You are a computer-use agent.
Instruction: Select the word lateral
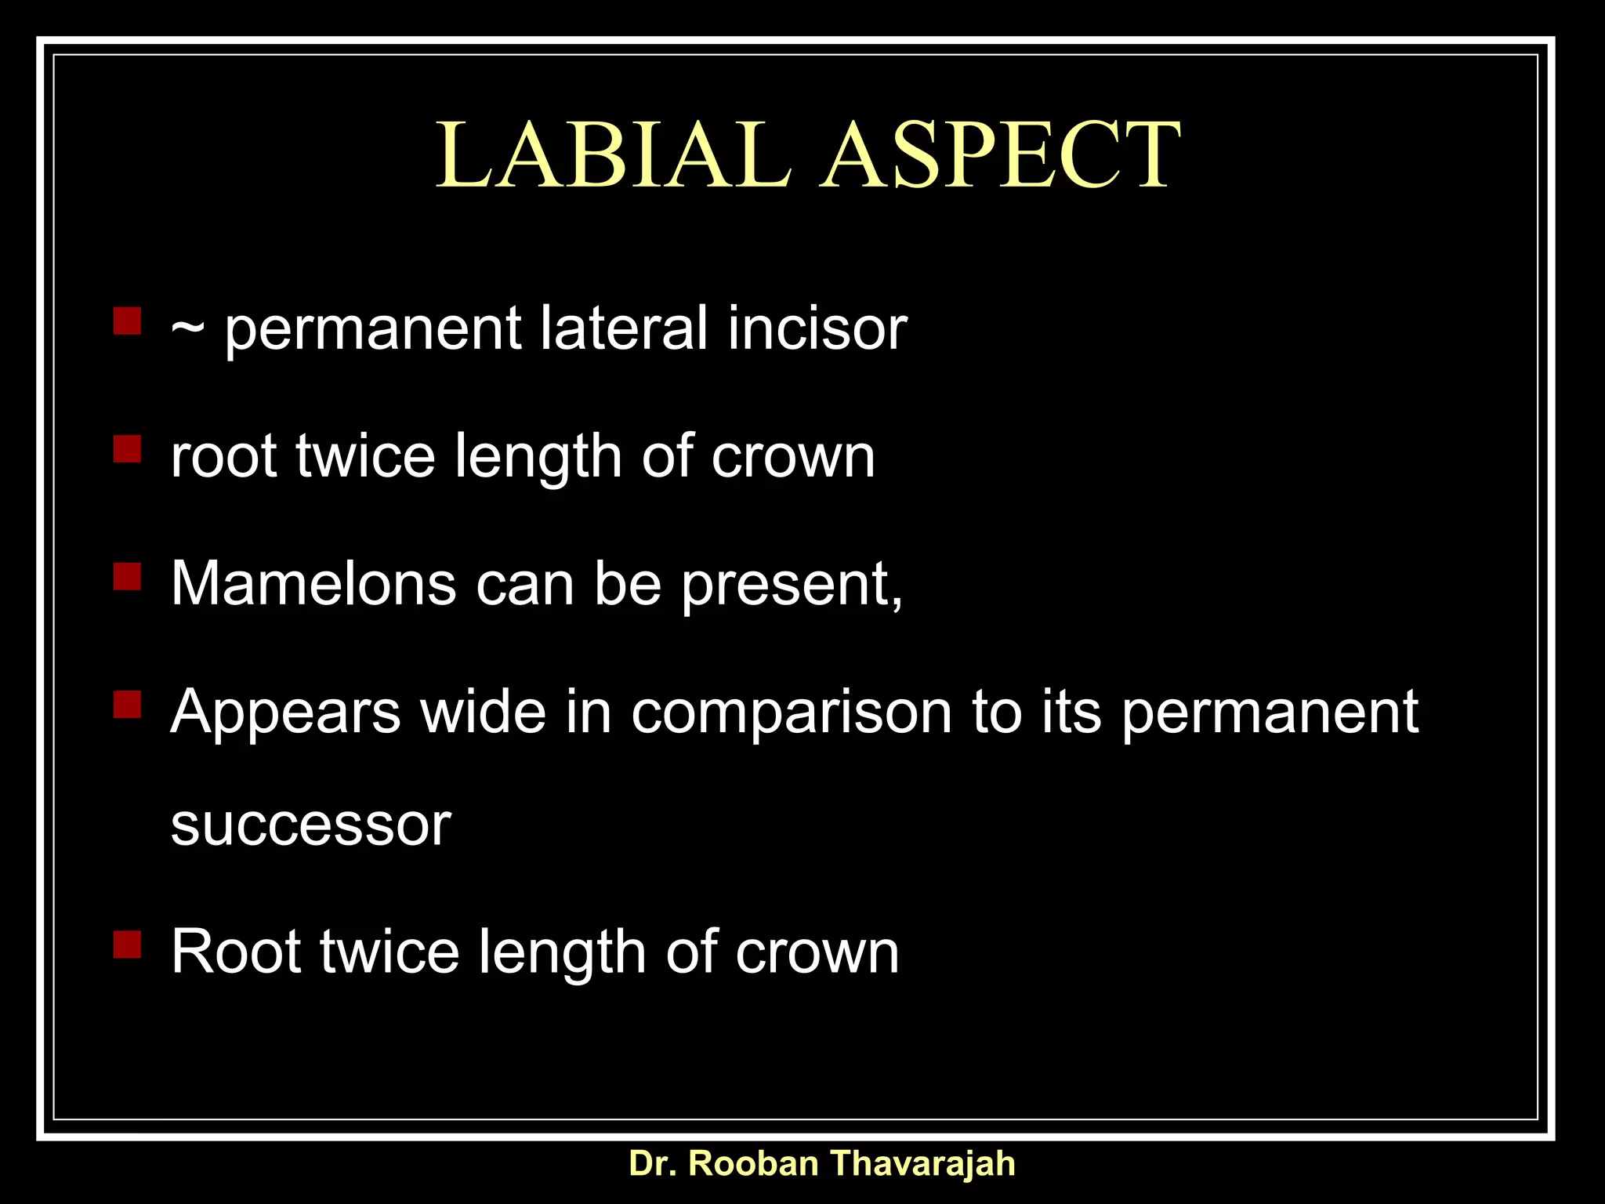pyautogui.click(x=624, y=328)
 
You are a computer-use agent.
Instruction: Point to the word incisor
pyautogui.click(x=817, y=328)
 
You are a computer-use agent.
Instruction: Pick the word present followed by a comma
pyautogui.click(x=792, y=585)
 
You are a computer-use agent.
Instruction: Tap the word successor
pyautogui.click(x=311, y=825)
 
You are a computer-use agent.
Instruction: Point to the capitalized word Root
pyautogui.click(x=236, y=952)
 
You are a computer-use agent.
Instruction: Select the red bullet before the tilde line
pyautogui.click(x=127, y=321)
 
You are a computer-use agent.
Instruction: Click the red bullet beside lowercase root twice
pyautogui.click(x=127, y=449)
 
